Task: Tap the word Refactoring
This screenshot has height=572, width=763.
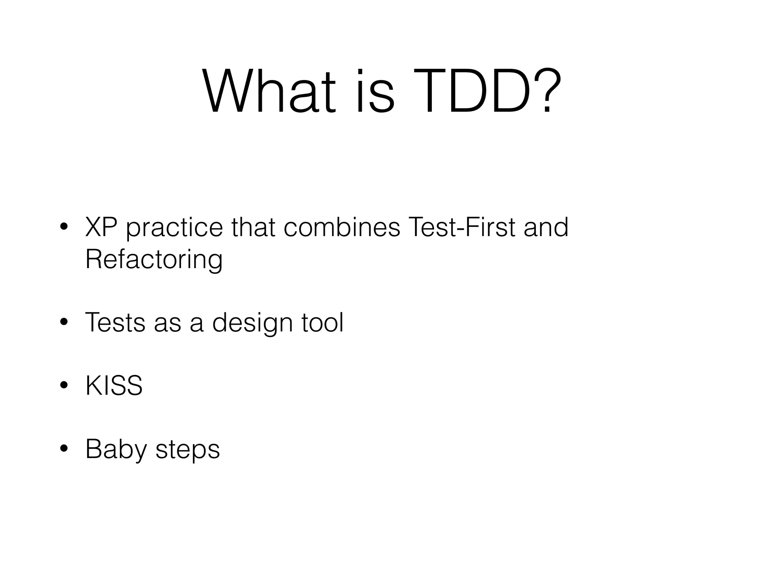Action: click(154, 260)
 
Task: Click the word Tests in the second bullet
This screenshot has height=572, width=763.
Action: click(115, 322)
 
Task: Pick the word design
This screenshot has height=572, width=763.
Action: click(252, 323)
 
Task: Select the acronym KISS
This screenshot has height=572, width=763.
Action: click(114, 386)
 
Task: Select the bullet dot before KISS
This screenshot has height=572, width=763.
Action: click(64, 385)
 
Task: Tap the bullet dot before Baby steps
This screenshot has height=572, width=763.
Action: click(64, 449)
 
